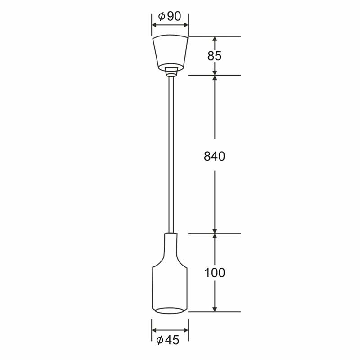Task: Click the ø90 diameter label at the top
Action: pos(170,16)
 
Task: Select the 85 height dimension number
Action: pos(215,56)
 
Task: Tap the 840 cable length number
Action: pos(215,156)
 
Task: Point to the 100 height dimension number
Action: pos(215,273)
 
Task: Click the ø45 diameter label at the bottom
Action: pos(168,340)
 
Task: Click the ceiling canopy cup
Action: pos(171,53)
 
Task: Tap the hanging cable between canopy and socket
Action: pos(171,155)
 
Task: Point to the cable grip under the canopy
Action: pos(171,72)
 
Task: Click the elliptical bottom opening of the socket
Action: pos(170,310)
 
